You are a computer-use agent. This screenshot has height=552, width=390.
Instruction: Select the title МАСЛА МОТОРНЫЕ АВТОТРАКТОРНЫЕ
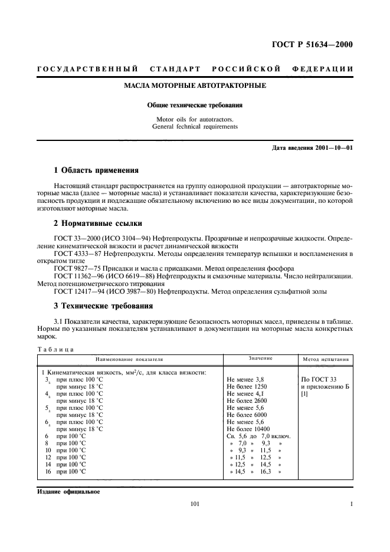[x=195, y=86]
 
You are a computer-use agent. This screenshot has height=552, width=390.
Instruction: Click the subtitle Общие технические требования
[x=195, y=106]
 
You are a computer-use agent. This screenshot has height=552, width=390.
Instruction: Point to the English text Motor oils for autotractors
[x=195, y=120]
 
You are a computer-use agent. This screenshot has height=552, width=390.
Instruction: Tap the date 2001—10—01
[x=334, y=147]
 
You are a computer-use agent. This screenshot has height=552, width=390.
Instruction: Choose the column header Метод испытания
[x=325, y=359]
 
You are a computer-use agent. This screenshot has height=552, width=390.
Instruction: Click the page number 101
[x=195, y=504]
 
